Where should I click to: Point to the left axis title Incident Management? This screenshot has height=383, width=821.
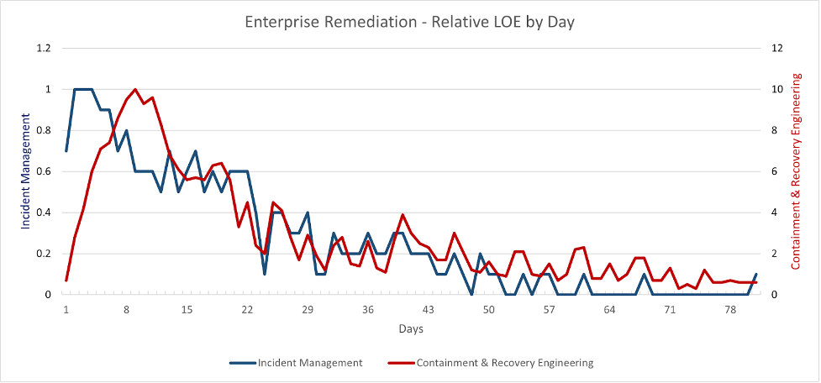tap(26, 172)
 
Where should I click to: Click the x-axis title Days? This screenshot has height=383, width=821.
tap(411, 328)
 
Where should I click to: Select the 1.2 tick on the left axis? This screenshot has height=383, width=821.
tap(43, 48)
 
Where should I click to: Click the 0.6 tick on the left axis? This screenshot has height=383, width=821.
tap(43, 171)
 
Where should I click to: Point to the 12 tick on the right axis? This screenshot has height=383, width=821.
tap(779, 48)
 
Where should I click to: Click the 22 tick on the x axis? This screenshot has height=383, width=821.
tap(247, 310)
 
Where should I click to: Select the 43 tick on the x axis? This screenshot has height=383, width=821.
tap(429, 310)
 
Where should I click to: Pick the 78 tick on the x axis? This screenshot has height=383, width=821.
tap(730, 310)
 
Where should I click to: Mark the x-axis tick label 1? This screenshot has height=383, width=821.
tap(66, 310)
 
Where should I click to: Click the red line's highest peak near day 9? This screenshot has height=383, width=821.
tap(135, 89)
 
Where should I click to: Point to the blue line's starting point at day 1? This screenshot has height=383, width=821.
tap(66, 151)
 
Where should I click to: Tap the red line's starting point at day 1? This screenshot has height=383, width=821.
tap(66, 281)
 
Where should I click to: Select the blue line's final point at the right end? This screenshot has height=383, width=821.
tap(756, 275)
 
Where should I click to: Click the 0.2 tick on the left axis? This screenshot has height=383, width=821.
tap(43, 254)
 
